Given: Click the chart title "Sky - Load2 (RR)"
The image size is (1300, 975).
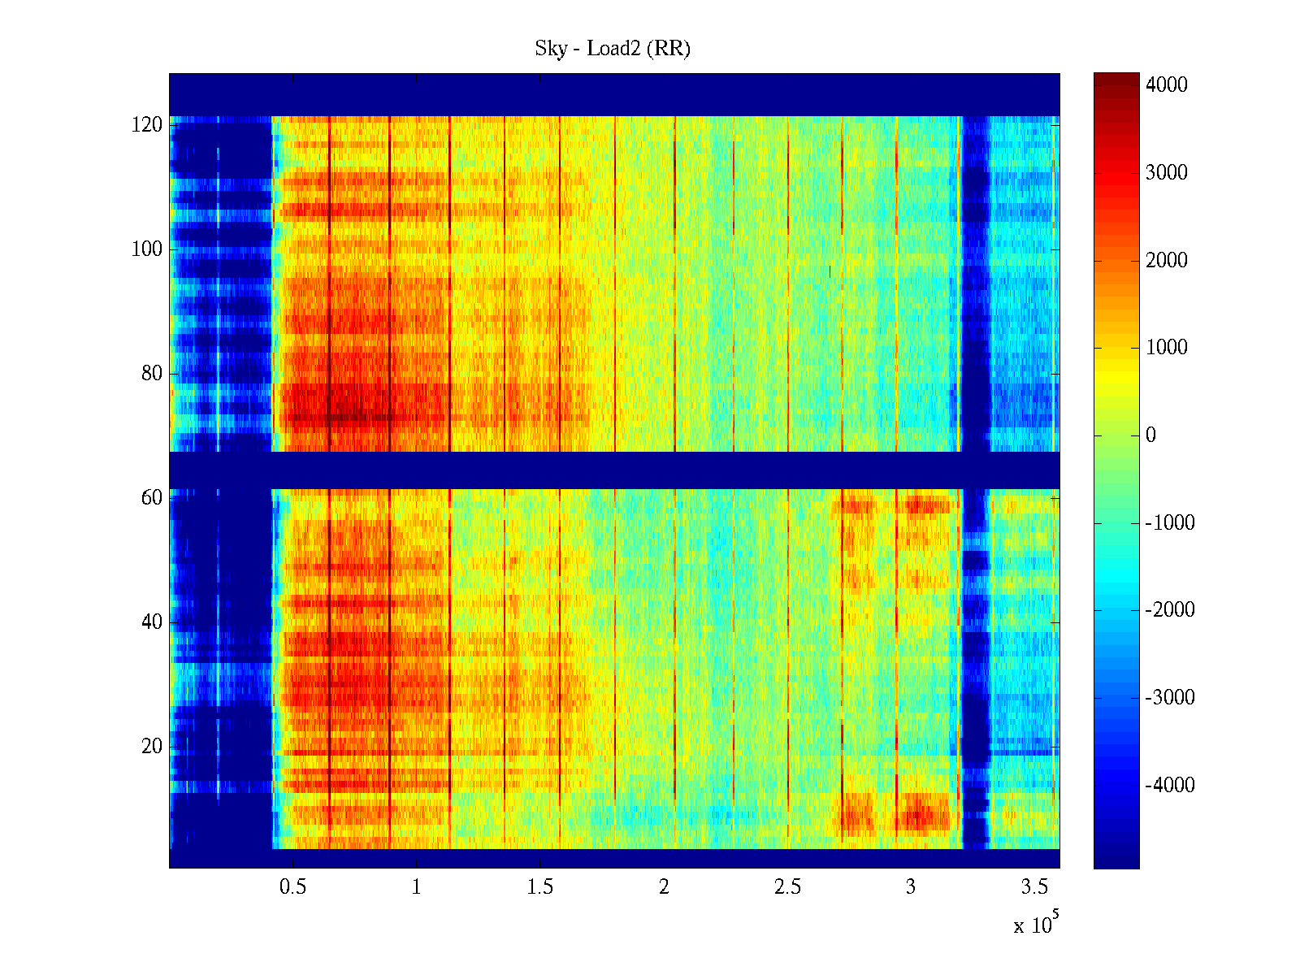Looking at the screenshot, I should tap(612, 49).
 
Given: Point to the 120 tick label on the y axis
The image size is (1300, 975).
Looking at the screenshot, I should tap(146, 125).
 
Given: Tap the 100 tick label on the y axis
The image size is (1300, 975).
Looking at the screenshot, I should tap(146, 249).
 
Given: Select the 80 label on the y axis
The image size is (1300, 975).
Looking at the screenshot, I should tap(151, 374).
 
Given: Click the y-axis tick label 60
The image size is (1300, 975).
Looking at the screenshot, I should tap(151, 498).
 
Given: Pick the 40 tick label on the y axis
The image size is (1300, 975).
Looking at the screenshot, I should tap(151, 622).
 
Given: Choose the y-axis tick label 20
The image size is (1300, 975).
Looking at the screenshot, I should tap(151, 747).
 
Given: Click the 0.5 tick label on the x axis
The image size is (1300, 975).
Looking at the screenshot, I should tap(292, 887).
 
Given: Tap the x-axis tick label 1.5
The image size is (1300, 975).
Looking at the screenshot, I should tap(539, 887).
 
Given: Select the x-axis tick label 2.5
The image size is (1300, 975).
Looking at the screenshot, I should tap(787, 887).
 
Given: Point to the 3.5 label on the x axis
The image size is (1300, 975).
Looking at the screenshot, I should tap(1034, 887).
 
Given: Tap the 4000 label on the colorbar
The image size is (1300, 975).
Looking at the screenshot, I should tap(1166, 85).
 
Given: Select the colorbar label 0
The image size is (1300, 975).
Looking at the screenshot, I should tap(1150, 435).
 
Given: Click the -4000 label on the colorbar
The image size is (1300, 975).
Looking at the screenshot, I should tap(1170, 786).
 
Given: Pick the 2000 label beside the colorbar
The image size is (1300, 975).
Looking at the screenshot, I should tap(1166, 261).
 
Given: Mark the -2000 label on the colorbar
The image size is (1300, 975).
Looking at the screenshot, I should tap(1170, 610).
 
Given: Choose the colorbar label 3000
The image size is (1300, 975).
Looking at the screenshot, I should tap(1166, 173).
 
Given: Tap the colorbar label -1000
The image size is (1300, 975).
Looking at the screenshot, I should tap(1170, 523).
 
